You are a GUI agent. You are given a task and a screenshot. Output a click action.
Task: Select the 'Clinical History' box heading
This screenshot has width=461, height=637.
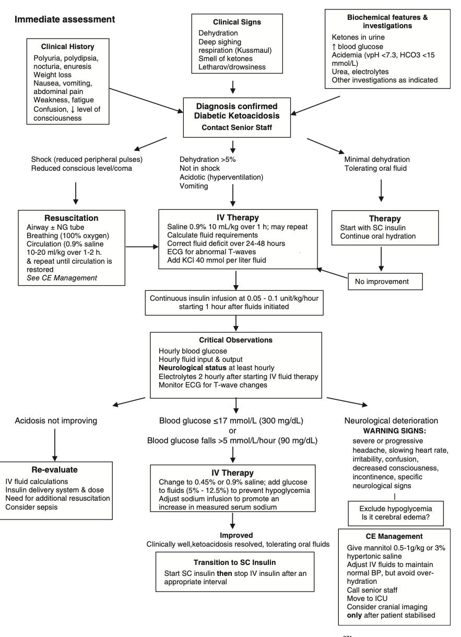68,46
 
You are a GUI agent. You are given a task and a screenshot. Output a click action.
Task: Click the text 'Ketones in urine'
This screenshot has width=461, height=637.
358,38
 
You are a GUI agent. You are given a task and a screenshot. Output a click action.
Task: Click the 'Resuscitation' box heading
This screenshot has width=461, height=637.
71,218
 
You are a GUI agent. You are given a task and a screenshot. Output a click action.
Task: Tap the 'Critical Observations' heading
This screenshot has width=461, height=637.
235,340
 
